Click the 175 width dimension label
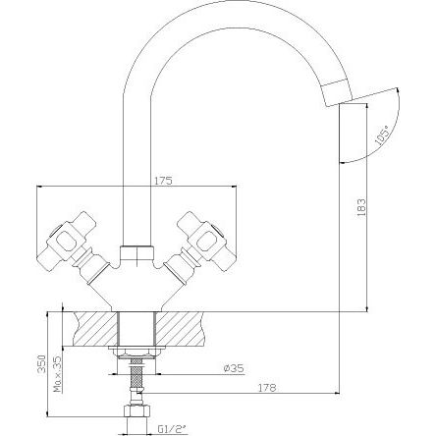pyautogui.click(x=164, y=181)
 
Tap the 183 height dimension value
pyautogui.click(x=361, y=207)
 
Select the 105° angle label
pyautogui.click(x=383, y=135)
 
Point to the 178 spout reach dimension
pyautogui.click(x=267, y=388)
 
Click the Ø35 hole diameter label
pyautogui.click(x=234, y=368)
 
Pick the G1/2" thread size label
pyautogui.click(x=172, y=428)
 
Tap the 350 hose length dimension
pyautogui.click(x=41, y=363)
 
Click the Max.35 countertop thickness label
pyautogui.click(x=58, y=374)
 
